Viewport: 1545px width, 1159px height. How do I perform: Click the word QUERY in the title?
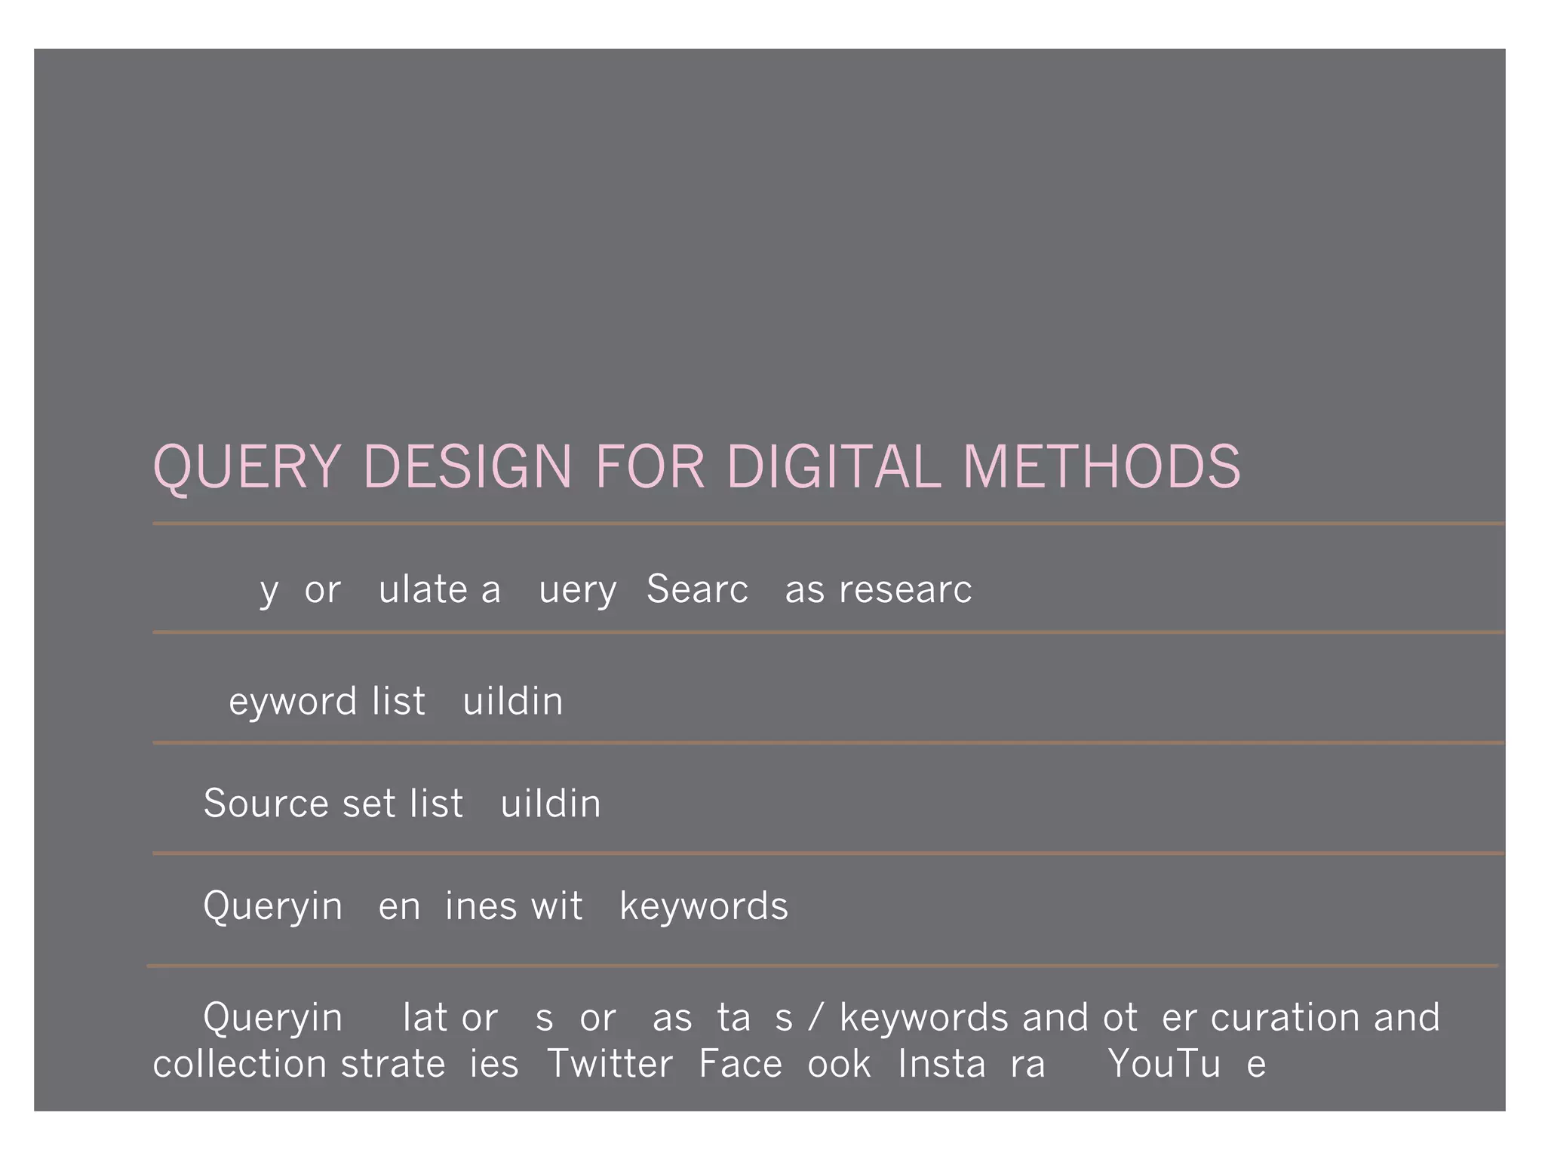[x=247, y=467]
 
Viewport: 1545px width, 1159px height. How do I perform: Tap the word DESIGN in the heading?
[x=468, y=467]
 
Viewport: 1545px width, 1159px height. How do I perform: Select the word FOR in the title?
[x=650, y=467]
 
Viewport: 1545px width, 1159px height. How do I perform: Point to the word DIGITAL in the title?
[x=834, y=467]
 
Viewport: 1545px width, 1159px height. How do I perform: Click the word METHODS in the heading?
[x=1101, y=467]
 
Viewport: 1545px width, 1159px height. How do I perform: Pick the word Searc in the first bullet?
[x=697, y=589]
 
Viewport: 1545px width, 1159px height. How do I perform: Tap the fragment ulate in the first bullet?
[x=422, y=589]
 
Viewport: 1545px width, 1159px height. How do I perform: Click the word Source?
[x=268, y=803]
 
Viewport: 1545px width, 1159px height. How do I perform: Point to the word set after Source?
[x=369, y=803]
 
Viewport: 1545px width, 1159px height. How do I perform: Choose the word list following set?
[x=437, y=803]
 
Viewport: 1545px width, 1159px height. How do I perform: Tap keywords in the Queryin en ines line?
[x=704, y=905]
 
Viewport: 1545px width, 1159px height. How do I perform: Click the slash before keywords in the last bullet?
[x=815, y=1017]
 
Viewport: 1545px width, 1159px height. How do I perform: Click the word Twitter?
[x=610, y=1064]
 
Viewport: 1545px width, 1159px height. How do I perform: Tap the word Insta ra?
[x=972, y=1064]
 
